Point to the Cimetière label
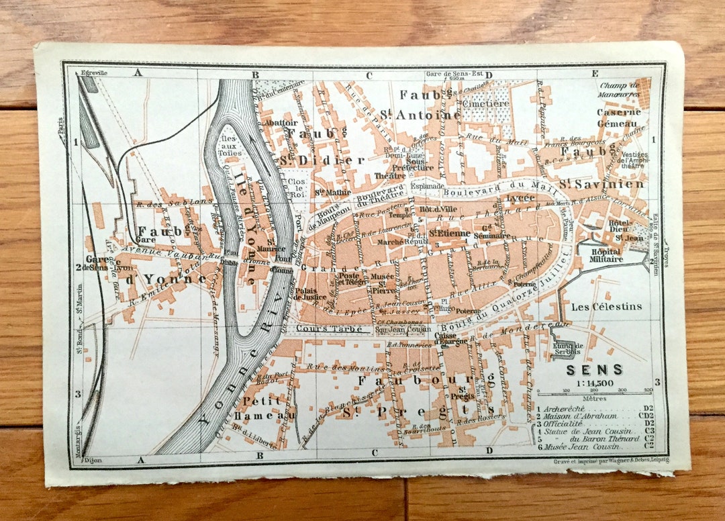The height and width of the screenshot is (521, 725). (485, 103)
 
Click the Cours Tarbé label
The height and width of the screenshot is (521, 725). (320, 329)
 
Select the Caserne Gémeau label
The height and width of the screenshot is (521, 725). (619, 117)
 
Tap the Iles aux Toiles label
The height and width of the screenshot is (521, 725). (230, 145)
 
